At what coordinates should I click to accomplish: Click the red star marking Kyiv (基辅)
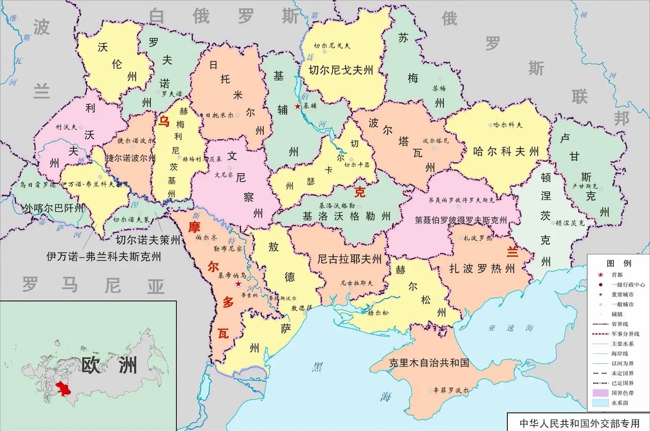coord(297,107)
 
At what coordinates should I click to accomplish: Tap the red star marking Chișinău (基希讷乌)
coord(238,284)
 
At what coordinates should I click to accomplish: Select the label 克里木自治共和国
coord(429,363)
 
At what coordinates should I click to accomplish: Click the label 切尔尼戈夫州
coord(341,70)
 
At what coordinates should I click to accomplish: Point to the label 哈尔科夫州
coord(506,152)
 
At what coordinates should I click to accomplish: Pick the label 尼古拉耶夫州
coord(349,259)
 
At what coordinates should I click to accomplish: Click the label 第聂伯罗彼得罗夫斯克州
coord(461,220)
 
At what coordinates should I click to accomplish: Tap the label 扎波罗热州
coord(482,269)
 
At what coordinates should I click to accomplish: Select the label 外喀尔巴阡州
coord(54,208)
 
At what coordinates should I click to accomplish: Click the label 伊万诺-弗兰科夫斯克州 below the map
coord(104,257)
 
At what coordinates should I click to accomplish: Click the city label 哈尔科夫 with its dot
coord(505,125)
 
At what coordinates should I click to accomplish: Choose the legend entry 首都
coord(617,275)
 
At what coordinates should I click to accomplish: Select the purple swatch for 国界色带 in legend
coord(600,393)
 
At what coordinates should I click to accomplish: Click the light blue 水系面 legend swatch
coord(600,403)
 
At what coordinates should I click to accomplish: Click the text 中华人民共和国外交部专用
coord(580,423)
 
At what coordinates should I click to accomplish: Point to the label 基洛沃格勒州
coord(346,216)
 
